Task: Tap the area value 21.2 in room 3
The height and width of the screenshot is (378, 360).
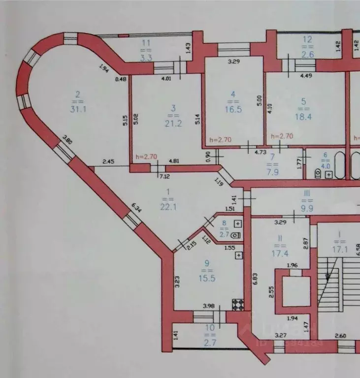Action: tap(173, 123)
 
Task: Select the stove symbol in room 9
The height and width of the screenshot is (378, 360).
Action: tap(237, 304)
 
